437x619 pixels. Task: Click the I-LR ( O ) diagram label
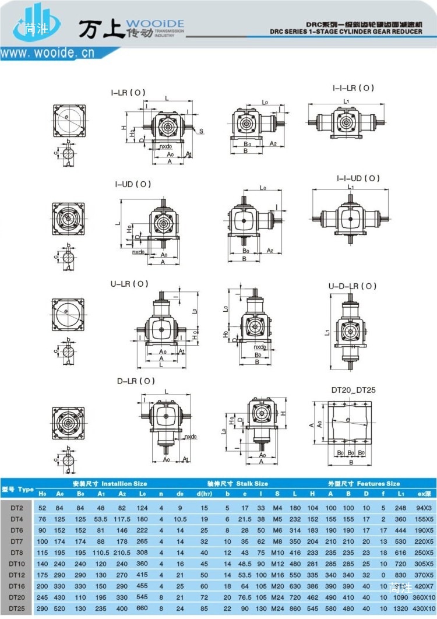coord(128,93)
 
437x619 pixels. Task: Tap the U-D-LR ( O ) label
coord(353,286)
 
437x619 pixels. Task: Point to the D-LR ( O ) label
coord(136,381)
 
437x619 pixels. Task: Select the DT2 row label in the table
coord(16,508)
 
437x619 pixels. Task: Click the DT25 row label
coord(17,609)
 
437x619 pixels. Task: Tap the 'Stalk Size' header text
coord(238,483)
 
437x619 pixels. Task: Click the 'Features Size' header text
coord(364,483)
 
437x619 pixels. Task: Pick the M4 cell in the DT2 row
coord(277,508)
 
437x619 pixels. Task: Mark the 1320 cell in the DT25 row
coord(400,609)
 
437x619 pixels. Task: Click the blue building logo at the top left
coord(38,24)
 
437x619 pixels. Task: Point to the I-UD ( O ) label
coord(132,184)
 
